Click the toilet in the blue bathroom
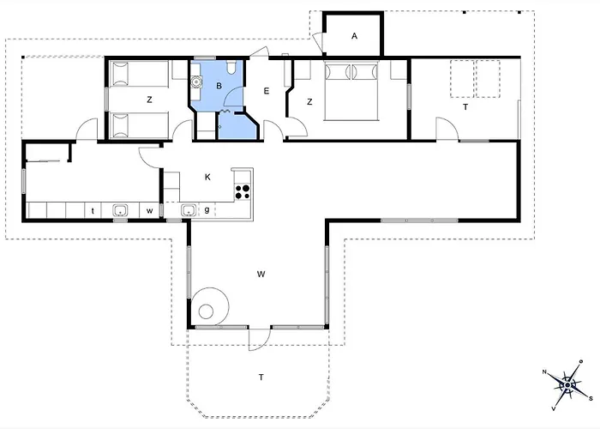231,67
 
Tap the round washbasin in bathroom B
197,82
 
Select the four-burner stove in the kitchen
243,191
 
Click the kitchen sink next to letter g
189,210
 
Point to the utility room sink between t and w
120,211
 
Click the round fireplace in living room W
211,306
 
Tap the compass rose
567,384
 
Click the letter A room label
354,36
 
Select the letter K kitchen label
207,177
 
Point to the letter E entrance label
267,91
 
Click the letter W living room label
261,275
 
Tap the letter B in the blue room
219,86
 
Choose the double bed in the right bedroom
351,90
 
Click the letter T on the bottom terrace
261,378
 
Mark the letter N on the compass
544,372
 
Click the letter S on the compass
591,399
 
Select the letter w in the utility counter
150,211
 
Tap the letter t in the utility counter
93,211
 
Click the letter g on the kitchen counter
207,210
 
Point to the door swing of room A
316,40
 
